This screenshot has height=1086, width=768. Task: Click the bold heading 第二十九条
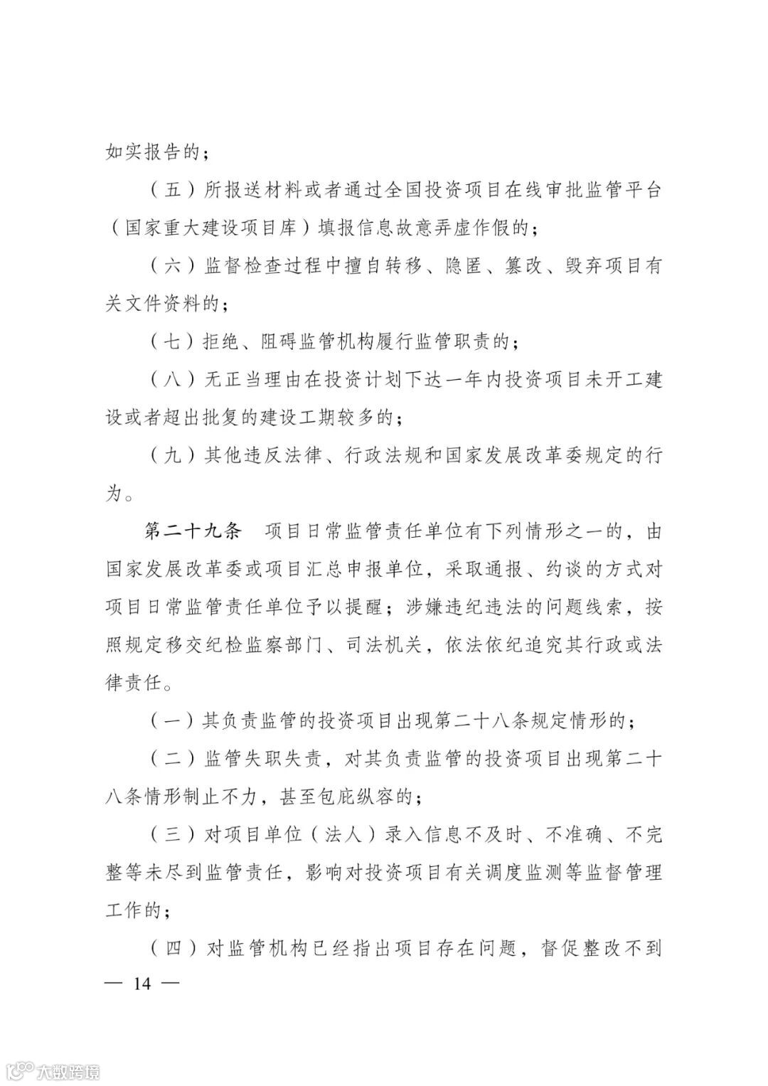194,531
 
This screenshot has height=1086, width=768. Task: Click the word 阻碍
279,342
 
